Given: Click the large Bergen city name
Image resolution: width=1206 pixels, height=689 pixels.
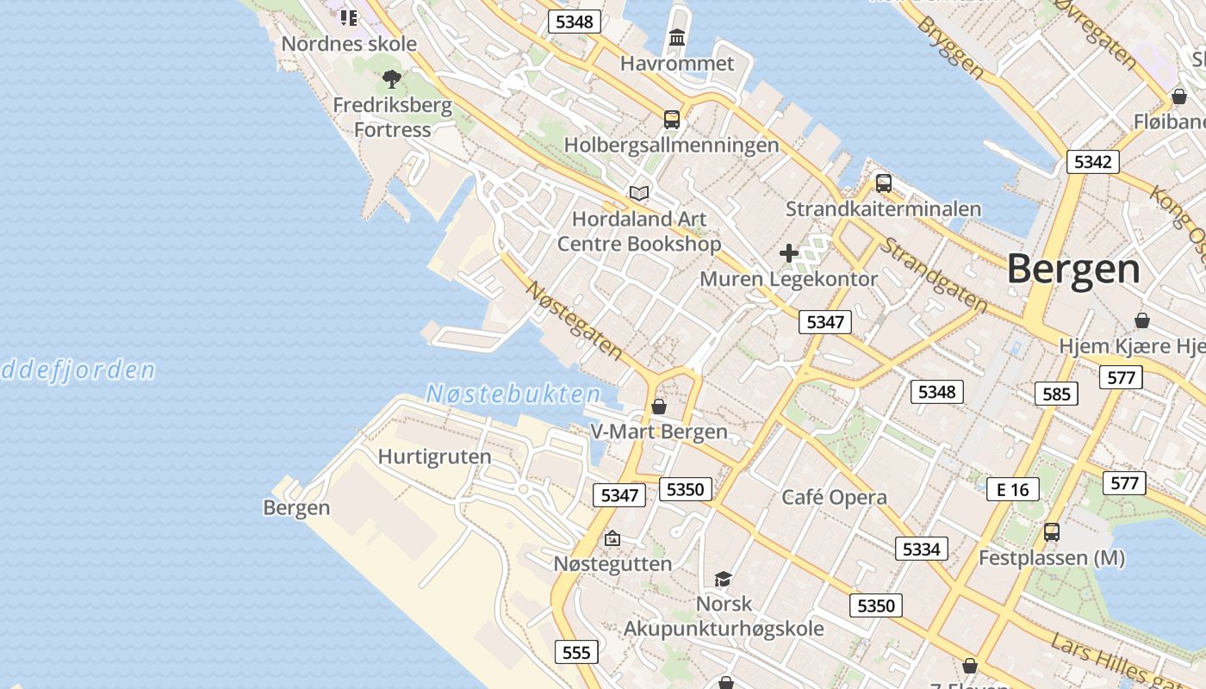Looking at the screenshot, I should point(1073,270).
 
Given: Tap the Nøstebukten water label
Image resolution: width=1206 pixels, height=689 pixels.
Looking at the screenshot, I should point(513,395).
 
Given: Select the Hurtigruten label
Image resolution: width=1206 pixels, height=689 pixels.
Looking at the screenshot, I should point(435,456).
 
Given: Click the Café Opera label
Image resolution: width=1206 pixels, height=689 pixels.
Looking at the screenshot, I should point(834,497).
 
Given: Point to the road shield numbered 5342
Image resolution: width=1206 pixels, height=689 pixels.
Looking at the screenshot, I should point(1092,162).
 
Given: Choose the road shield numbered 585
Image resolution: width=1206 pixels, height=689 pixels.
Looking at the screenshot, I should point(1056,394).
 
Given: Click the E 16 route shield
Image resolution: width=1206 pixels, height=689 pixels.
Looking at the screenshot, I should point(1013,490).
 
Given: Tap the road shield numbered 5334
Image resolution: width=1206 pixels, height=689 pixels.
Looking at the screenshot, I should point(921,549).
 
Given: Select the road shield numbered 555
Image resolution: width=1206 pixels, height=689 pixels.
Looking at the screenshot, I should point(576,652).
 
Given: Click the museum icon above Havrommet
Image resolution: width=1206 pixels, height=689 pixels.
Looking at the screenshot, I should point(677,38).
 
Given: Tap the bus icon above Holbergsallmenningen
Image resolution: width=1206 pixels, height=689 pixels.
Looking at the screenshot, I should point(672,120).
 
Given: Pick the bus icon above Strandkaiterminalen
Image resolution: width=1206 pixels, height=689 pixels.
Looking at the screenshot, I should point(883,183).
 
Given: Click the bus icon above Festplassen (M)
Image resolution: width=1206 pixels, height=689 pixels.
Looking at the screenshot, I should point(1051,532).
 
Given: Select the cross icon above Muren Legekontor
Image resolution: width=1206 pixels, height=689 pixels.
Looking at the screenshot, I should point(788,253).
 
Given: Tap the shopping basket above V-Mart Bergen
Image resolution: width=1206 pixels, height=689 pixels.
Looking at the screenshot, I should point(659,407).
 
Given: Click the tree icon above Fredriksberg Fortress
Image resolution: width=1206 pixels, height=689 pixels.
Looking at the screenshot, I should point(392,80).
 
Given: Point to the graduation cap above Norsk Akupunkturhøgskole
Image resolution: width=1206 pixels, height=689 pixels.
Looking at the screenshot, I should point(723,579).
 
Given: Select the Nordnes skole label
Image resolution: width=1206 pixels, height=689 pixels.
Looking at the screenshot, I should point(349,44).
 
